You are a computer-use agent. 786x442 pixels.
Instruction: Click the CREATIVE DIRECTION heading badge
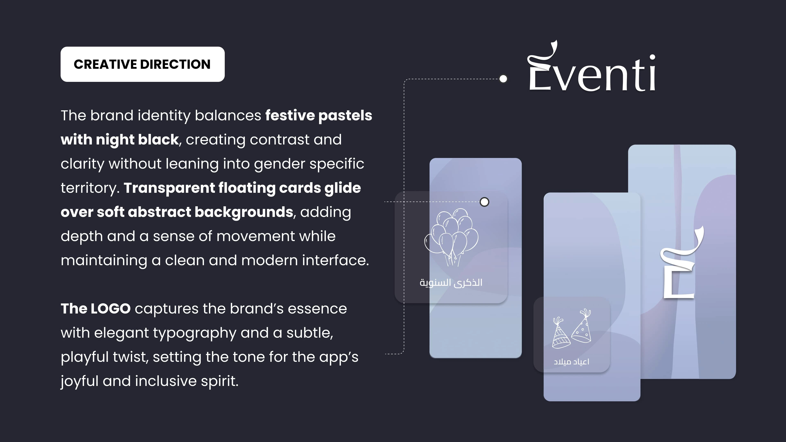tap(142, 64)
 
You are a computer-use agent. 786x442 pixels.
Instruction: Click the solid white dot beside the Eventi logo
tap(503, 79)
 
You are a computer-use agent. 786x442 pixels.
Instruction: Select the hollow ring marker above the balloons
tap(484, 202)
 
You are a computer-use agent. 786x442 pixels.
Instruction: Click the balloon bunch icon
tap(451, 236)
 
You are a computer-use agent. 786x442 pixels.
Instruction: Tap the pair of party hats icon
tap(571, 329)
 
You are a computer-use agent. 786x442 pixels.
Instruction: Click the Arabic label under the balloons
tap(451, 282)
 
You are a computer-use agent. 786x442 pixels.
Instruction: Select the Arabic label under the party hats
tap(571, 362)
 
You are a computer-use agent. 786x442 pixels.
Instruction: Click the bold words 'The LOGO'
tap(96, 309)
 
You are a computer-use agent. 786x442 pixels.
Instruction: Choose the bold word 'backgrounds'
tap(244, 212)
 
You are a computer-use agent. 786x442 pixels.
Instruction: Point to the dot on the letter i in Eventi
tap(652, 57)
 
